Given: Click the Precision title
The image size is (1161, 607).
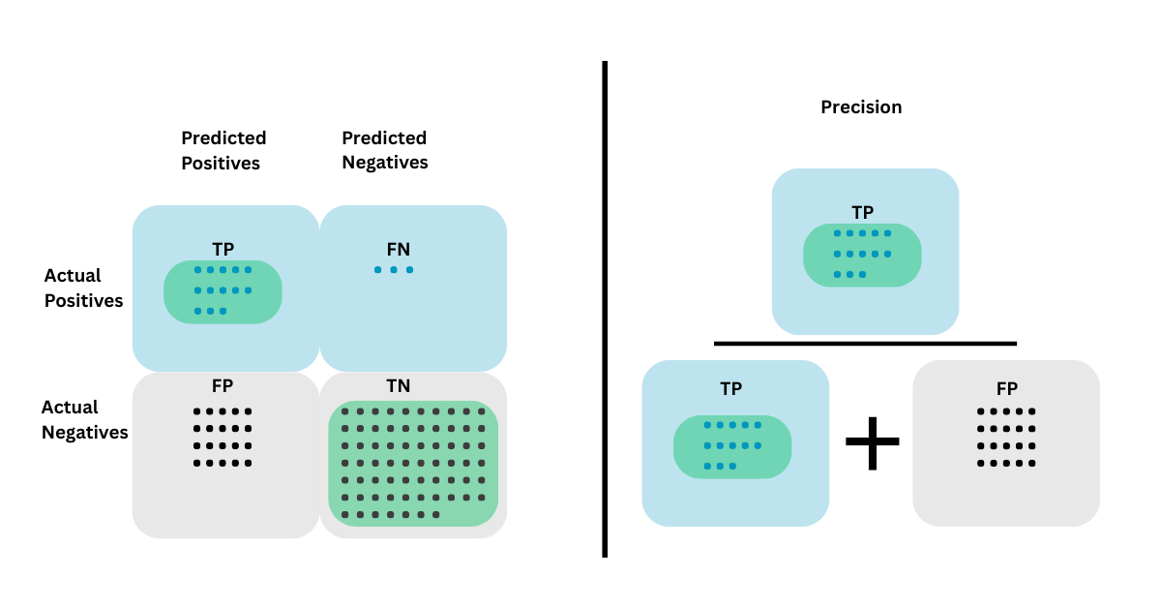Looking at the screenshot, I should point(861,107).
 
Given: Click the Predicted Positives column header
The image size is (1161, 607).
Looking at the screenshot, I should point(223,150).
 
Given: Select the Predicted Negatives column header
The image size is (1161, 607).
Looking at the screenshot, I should point(384,150).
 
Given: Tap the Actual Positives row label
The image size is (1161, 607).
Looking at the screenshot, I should point(83,288).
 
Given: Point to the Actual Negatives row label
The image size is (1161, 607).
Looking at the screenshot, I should point(84,419).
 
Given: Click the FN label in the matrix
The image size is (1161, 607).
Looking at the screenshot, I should point(398,249).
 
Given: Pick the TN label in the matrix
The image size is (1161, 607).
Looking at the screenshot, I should point(398,386).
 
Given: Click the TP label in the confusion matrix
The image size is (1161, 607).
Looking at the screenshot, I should point(223,248).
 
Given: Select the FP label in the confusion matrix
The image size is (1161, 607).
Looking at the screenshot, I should point(223,386).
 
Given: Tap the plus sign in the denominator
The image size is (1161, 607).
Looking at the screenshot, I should point(872,441).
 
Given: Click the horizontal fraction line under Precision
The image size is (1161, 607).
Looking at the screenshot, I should point(865,343).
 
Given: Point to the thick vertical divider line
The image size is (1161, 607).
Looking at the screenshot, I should point(605,310).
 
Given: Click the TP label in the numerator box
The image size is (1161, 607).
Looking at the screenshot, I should point(862,212).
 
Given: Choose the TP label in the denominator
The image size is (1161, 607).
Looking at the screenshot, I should point(731,389).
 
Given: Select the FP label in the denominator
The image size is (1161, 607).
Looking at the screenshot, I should point(1006,389).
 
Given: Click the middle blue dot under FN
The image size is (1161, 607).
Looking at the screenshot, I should point(394,270).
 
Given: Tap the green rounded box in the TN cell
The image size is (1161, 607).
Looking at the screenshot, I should point(413,464).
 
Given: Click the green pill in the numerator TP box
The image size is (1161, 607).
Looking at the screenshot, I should point(862,256).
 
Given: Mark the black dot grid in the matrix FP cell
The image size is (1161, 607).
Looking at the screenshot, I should point(223,437).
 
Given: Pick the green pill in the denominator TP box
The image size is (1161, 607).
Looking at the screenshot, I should point(732,446).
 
